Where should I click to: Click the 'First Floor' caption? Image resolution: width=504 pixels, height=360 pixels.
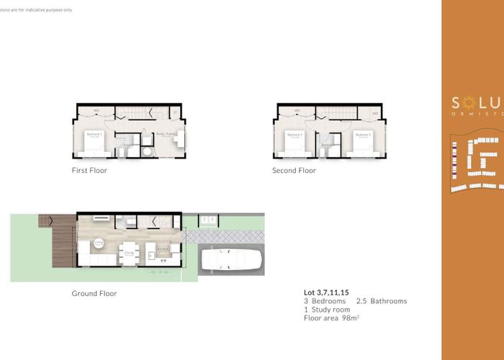click(x=90, y=171)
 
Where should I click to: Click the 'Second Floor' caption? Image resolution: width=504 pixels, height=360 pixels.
click(x=294, y=171)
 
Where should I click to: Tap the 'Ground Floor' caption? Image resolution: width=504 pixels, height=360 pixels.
click(x=94, y=293)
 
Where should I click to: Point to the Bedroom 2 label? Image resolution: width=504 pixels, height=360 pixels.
click(x=294, y=135)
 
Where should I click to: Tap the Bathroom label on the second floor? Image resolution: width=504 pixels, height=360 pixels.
click(x=328, y=144)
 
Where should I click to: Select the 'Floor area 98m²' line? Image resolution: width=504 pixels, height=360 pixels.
click(x=332, y=318)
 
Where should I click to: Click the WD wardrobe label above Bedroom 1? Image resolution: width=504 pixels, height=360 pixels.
click(x=96, y=110)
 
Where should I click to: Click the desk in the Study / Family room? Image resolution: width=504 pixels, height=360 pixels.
click(x=182, y=137)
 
